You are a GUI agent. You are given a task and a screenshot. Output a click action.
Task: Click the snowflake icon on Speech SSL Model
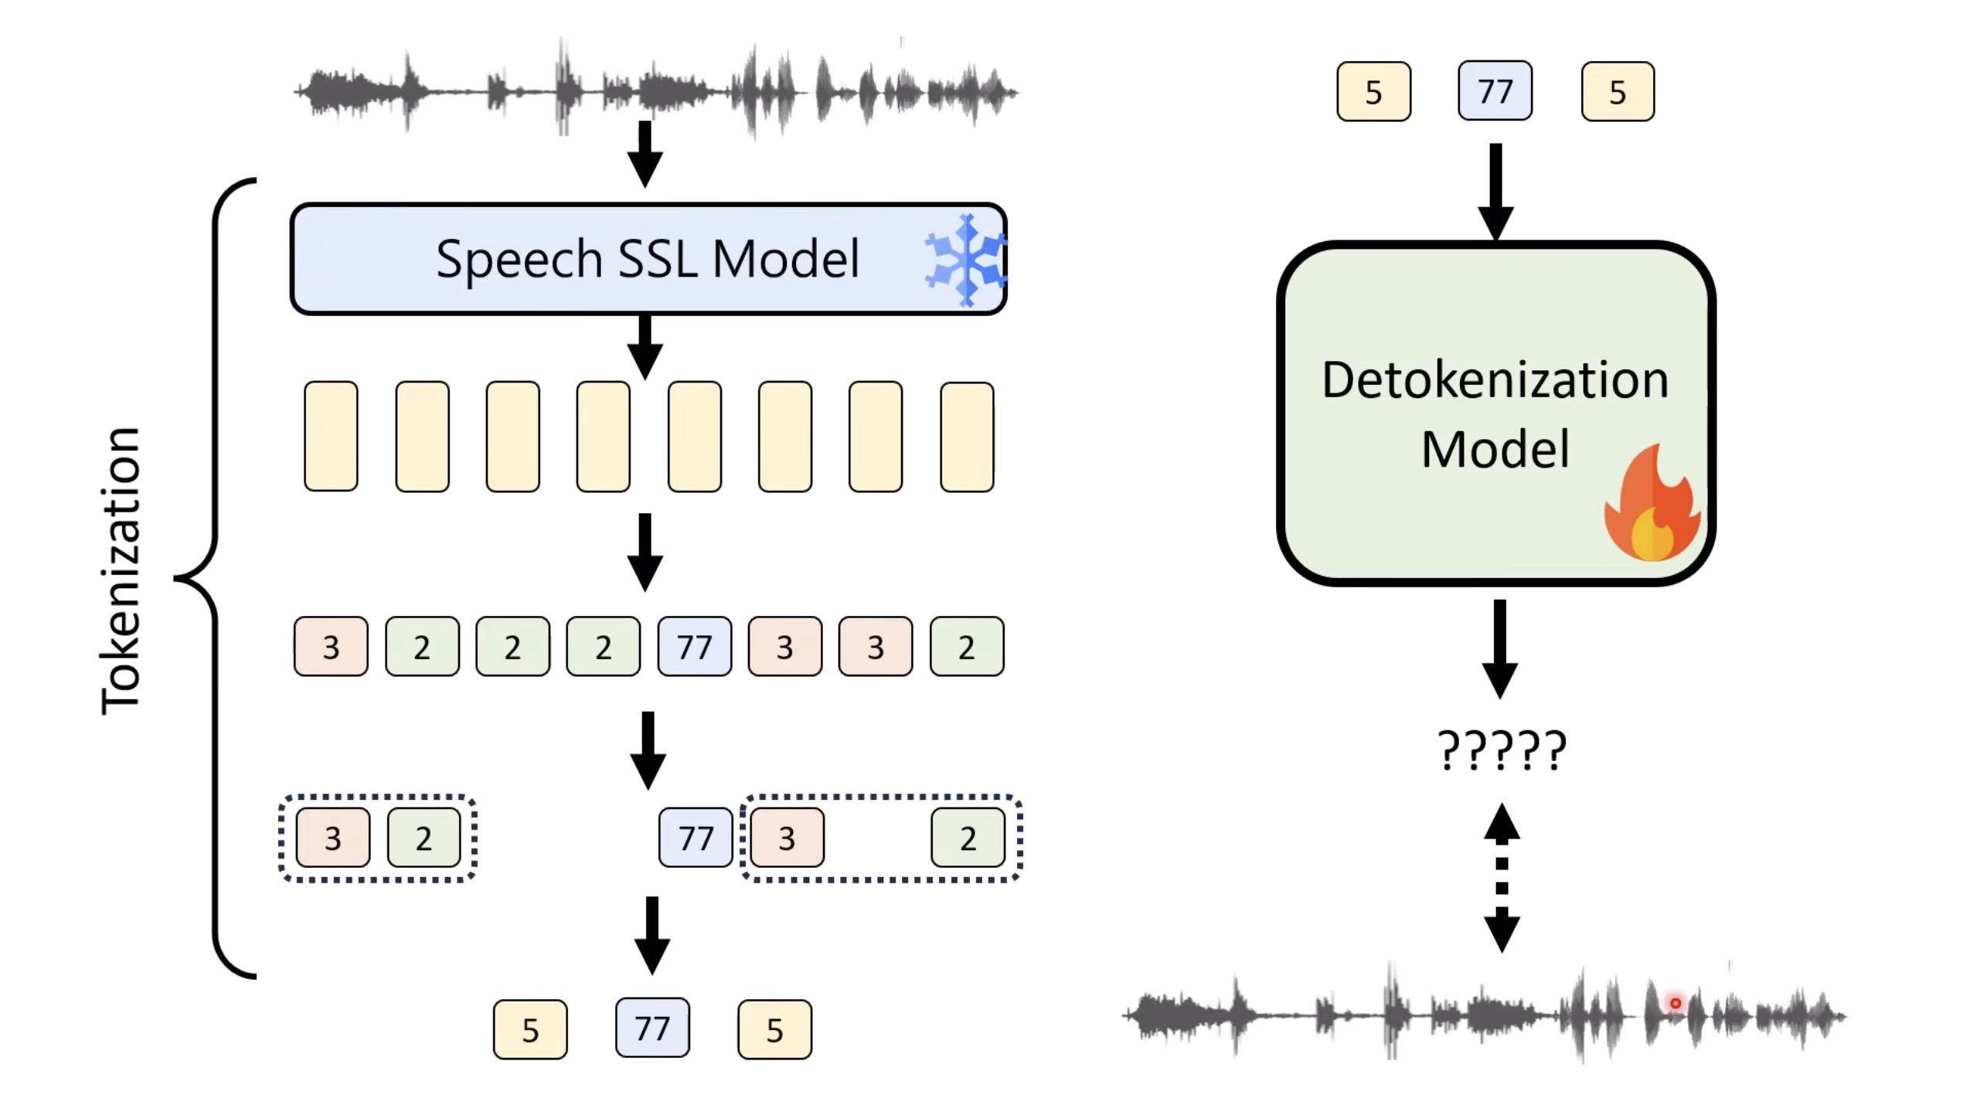click(x=965, y=260)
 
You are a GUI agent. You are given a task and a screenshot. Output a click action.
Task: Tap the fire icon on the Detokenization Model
click(x=1652, y=506)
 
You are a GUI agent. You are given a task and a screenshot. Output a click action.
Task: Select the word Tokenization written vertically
click(x=121, y=570)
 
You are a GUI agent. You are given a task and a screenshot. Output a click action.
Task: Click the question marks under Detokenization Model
click(x=1501, y=750)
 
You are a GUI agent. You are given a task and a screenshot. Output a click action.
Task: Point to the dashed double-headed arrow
click(x=1501, y=877)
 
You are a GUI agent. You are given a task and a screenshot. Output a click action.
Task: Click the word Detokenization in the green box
click(x=1495, y=380)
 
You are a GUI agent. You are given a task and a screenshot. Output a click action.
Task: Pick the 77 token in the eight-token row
click(x=694, y=647)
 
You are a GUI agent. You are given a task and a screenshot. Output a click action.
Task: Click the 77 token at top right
click(x=1495, y=91)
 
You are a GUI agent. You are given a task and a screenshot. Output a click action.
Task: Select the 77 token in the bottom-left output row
click(x=651, y=1029)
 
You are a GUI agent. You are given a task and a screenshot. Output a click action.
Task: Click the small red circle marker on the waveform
click(x=1675, y=1003)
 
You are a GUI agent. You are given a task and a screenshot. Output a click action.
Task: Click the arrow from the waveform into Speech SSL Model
click(x=645, y=153)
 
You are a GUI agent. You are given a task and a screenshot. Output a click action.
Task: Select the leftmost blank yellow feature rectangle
click(x=331, y=436)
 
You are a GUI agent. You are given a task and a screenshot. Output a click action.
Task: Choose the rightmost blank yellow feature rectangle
click(x=966, y=437)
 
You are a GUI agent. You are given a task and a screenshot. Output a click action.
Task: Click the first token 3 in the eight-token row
click(x=331, y=647)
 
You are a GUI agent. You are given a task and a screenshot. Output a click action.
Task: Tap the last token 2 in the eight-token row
click(x=966, y=647)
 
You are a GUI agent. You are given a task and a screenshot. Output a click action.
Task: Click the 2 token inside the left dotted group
click(x=423, y=838)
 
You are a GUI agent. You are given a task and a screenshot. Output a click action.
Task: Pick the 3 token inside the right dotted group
click(x=786, y=838)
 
